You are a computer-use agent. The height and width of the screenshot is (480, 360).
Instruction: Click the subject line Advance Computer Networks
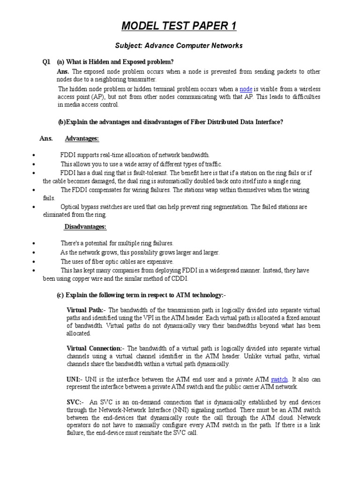[x=179, y=45]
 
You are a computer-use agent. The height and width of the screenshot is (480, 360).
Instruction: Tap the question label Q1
[x=46, y=62]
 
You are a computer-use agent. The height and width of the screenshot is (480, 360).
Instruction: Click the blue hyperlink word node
[x=246, y=89]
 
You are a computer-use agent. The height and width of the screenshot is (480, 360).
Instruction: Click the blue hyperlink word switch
[x=279, y=379]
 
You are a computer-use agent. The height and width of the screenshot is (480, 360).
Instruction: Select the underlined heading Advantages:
[x=82, y=139]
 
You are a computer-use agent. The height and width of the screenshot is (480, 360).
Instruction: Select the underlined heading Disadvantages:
[x=85, y=227]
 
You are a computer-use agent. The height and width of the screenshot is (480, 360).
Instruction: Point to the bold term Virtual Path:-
[x=86, y=310]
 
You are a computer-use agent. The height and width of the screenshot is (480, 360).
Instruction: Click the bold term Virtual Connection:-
[x=96, y=348]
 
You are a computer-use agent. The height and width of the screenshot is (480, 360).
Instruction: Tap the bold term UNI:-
[x=75, y=379]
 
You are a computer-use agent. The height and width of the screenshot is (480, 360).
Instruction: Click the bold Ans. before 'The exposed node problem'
[x=63, y=72]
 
